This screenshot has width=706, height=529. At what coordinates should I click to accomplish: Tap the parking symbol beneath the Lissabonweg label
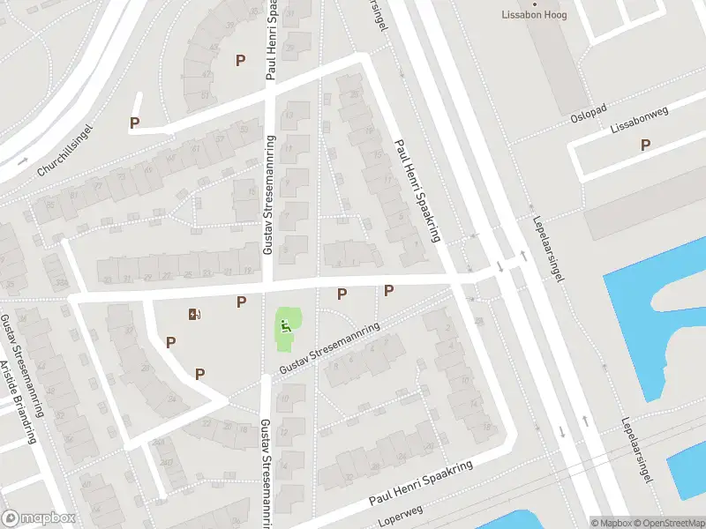pyautogui.click(x=645, y=145)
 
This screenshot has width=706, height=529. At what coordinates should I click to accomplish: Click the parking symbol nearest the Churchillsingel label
pyautogui.click(x=135, y=123)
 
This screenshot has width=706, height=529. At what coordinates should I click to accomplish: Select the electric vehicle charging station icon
pyautogui.click(x=194, y=314)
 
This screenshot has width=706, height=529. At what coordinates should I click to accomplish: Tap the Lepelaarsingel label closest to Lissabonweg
pyautogui.click(x=546, y=250)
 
